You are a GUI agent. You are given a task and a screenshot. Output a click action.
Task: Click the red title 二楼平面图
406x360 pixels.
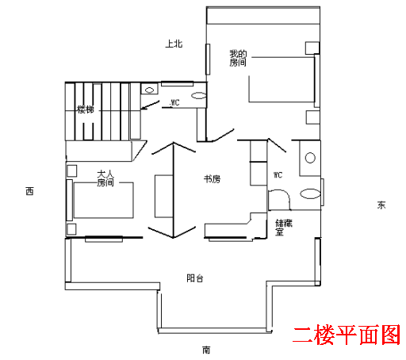click(347, 335)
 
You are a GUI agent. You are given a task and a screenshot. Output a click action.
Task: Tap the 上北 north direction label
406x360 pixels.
click(174, 44)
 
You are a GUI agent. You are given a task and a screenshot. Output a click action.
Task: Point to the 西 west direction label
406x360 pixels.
click(29, 191)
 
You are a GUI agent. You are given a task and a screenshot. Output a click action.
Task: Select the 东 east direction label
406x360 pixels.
click(381, 205)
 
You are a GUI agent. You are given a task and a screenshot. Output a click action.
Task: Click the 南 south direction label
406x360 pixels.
click(206, 350)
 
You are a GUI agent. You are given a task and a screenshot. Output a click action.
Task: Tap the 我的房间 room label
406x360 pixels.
click(238, 58)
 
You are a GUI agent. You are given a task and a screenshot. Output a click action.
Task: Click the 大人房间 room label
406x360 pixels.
click(105, 178)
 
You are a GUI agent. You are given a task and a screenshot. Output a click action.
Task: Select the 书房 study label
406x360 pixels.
click(212, 179)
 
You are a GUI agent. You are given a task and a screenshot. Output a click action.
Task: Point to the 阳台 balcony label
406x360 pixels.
click(195, 278)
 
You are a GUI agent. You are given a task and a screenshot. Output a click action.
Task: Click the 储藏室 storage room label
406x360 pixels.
click(284, 228)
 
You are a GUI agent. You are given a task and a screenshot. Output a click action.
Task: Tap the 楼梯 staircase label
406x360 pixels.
click(86, 109)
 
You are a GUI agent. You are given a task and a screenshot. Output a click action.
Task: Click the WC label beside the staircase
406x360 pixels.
click(174, 102)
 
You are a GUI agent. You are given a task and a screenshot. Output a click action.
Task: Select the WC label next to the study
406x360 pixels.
click(278, 174)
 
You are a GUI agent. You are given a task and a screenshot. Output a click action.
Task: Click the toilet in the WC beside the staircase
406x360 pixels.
click(198, 95)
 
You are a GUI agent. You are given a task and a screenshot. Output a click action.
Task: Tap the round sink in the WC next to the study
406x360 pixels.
click(310, 158)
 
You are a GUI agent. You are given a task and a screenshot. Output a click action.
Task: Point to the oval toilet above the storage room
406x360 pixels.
click(310, 193)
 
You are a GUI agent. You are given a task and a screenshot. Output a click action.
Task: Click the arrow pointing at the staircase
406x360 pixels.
click(150, 105)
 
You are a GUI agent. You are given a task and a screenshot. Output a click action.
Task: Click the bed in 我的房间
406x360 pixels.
click(282, 79)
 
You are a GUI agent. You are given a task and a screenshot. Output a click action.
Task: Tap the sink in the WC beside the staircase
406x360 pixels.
click(149, 90)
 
